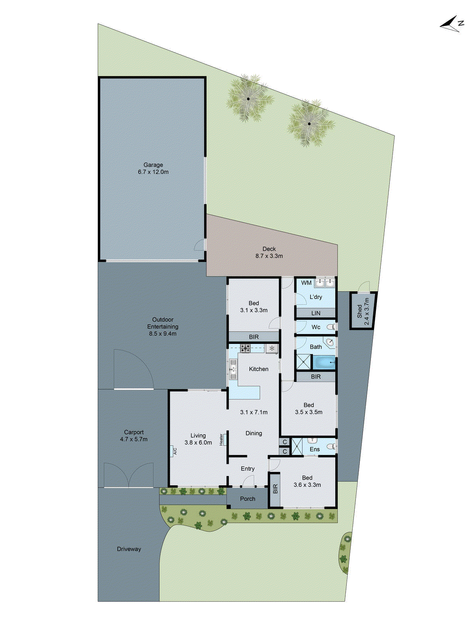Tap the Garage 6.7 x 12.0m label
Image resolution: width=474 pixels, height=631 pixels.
tap(153, 168)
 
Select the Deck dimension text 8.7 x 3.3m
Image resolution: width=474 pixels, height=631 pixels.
tap(269, 256)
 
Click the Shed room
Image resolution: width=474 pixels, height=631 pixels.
tap(363, 311)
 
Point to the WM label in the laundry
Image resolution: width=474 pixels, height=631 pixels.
tap(306, 283)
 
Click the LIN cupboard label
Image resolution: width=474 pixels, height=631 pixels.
tap(316, 313)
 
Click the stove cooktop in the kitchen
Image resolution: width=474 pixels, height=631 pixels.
tap(245, 348)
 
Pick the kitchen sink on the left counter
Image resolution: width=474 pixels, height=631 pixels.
tap(232, 370)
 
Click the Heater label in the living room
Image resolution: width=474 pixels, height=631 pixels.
tap(221, 439)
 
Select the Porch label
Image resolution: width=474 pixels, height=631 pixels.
tap(248, 499)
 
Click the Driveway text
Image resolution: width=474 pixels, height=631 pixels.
tap(129, 549)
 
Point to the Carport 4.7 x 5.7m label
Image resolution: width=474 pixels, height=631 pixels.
tap(134, 436)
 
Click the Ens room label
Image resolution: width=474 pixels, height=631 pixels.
tap(315, 449)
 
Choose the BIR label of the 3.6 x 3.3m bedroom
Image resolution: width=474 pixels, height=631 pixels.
tap(275, 489)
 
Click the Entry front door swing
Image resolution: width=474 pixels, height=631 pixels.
tap(248, 481)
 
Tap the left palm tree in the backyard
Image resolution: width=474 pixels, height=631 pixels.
tap(248, 99)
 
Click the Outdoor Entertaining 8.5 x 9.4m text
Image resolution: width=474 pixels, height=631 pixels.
tap(163, 327)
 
